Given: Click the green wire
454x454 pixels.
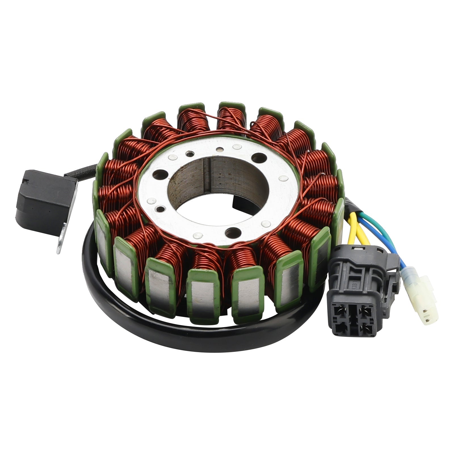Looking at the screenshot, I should tap(383, 227).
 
